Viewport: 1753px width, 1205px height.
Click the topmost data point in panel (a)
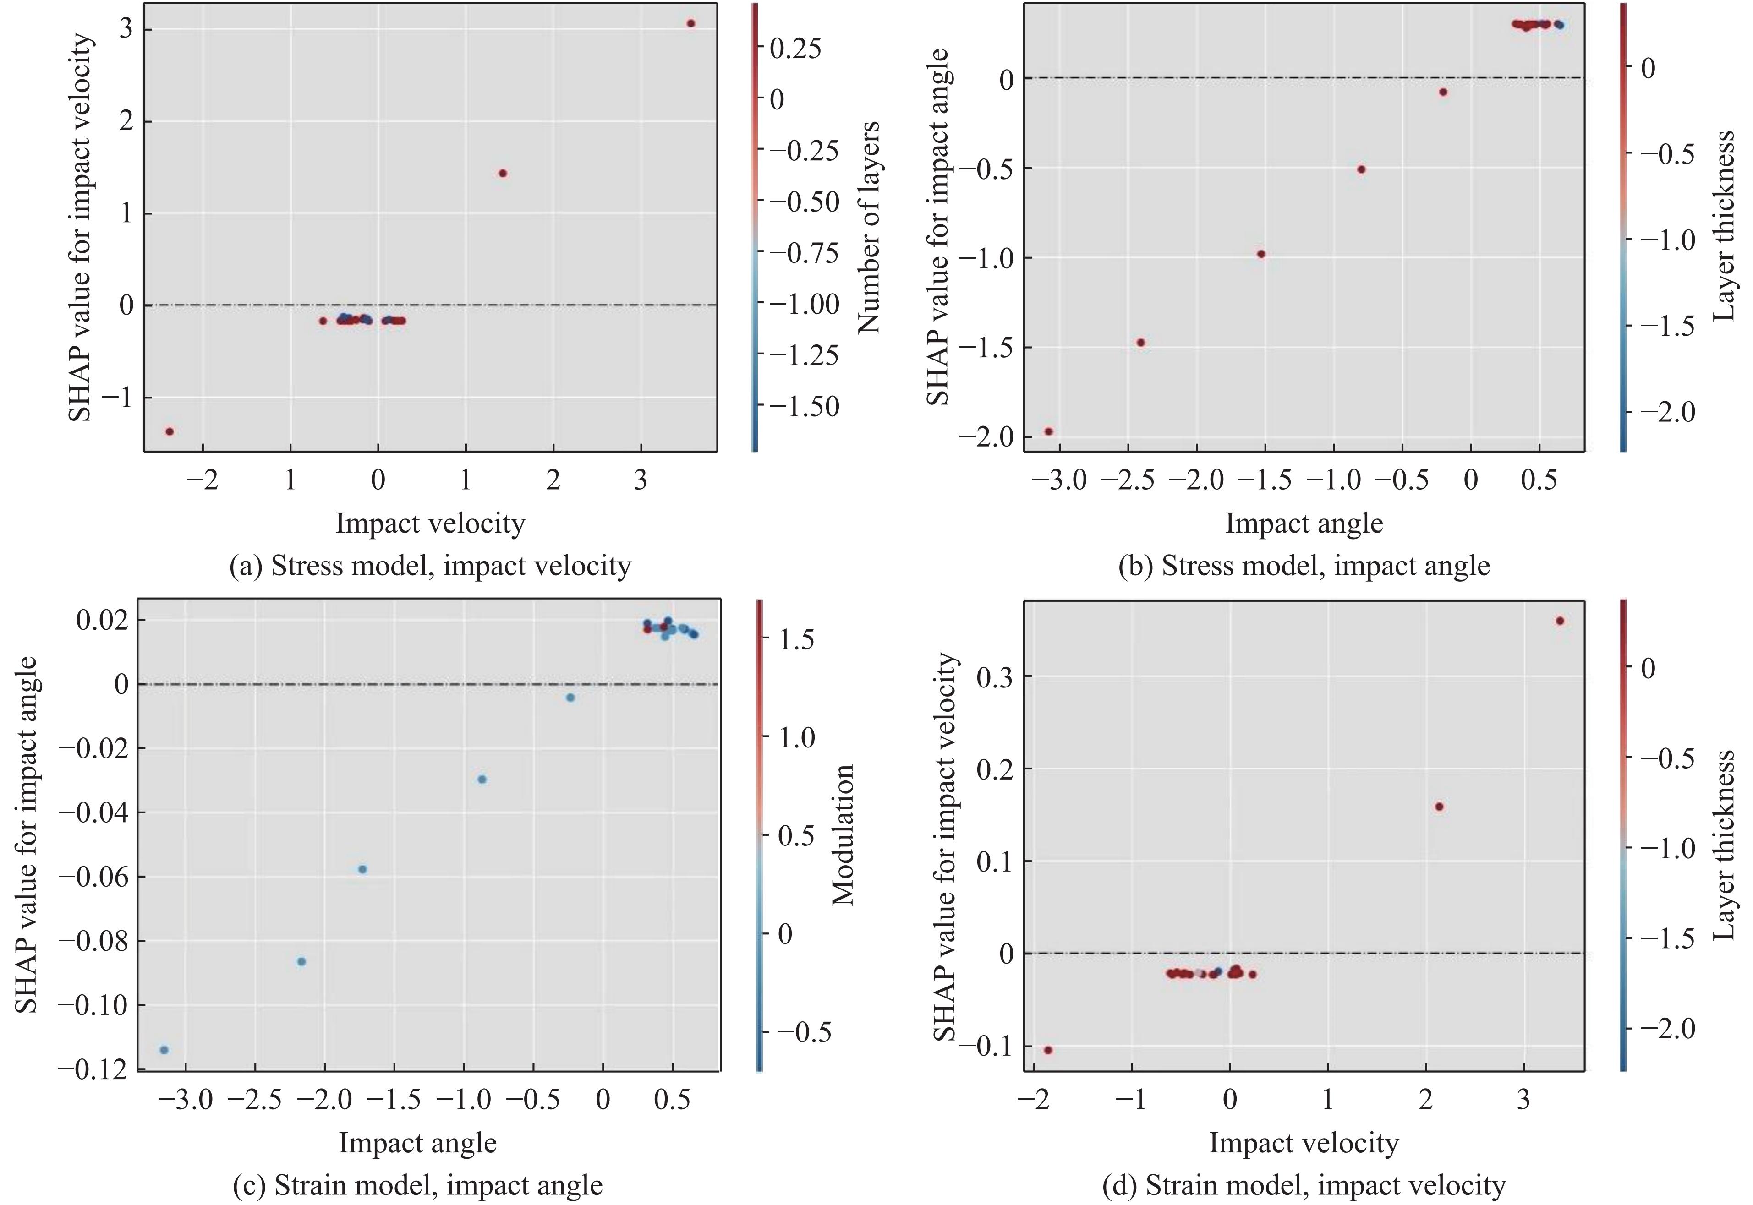coord(690,23)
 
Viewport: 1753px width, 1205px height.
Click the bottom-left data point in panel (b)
coord(1048,431)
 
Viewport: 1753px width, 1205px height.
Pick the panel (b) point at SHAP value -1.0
coord(1260,254)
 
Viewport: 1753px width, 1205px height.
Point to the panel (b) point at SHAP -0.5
coord(1361,169)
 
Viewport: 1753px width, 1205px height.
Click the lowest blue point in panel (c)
coord(164,1049)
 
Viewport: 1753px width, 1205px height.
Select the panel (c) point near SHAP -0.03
coord(482,779)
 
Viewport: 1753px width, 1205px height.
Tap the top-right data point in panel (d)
coord(1560,621)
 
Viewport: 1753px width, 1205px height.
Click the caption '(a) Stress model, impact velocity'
coord(430,566)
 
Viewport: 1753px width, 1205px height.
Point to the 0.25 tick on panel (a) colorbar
coord(794,49)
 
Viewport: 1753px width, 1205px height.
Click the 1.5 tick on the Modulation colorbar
coord(797,639)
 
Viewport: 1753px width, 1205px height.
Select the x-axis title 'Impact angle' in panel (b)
coord(1304,523)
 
